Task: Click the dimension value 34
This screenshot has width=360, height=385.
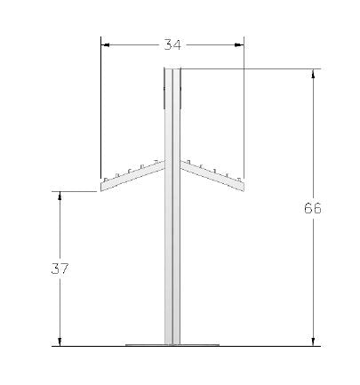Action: (172, 43)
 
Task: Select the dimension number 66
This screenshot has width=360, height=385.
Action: (312, 208)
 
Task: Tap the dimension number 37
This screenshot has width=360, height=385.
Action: (60, 268)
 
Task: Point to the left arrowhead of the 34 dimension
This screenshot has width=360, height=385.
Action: (105, 43)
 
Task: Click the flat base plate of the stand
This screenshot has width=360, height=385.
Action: (172, 344)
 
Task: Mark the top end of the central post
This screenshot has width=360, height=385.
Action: (172, 70)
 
